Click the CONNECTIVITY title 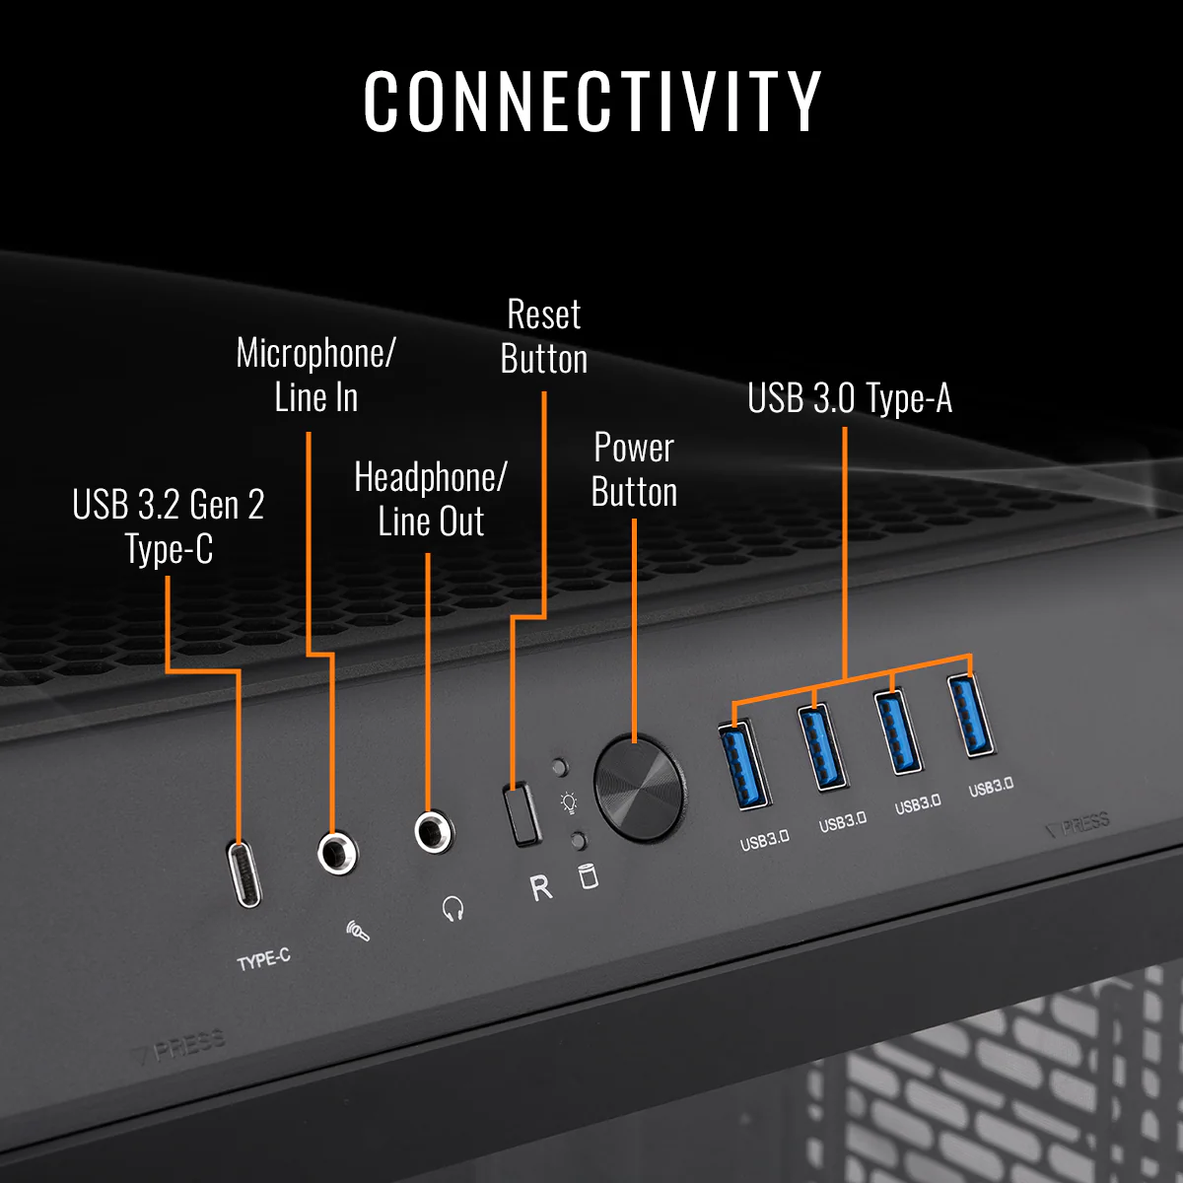[x=591, y=101]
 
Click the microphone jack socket [x=337, y=851]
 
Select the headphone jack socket [x=432, y=831]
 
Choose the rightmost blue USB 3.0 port [x=971, y=715]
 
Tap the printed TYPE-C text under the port [x=263, y=958]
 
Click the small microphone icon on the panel [x=358, y=930]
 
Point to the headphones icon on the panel [x=452, y=908]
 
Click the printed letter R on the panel [x=541, y=888]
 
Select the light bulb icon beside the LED [x=569, y=802]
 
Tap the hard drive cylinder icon [x=589, y=875]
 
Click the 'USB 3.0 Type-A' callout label [x=849, y=398]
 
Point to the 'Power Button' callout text [x=634, y=469]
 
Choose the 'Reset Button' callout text [x=544, y=336]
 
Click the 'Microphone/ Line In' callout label [x=315, y=375]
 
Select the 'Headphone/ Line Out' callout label [x=431, y=499]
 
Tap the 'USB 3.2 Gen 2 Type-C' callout [x=169, y=526]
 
